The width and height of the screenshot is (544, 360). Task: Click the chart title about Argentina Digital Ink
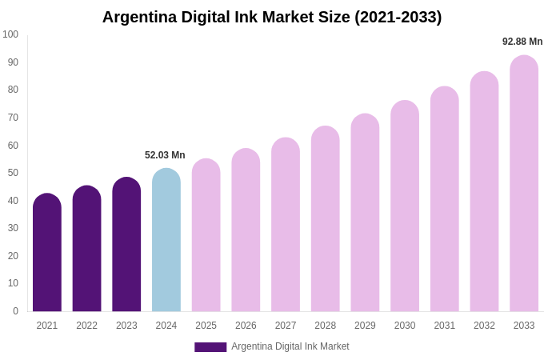[272, 17]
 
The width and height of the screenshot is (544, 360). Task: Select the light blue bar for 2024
[166, 240]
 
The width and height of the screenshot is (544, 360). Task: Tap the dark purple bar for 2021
[47, 252]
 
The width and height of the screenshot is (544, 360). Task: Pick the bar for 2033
[524, 184]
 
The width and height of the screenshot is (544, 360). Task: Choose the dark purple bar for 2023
[126, 244]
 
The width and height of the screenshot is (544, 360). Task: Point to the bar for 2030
[405, 206]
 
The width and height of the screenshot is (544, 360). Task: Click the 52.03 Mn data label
[165, 155]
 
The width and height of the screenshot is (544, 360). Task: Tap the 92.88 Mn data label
[522, 42]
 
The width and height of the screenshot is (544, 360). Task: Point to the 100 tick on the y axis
[10, 34]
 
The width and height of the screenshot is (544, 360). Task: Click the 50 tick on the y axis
[13, 173]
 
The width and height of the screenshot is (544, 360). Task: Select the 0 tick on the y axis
[15, 311]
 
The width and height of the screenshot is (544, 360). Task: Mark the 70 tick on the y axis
[13, 118]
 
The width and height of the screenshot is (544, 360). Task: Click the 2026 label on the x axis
[246, 326]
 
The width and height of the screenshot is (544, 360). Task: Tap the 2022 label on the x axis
[86, 326]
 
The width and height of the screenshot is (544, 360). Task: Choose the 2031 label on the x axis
[445, 326]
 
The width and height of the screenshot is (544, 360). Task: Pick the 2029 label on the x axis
[365, 326]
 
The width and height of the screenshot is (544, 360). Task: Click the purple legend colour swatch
[210, 347]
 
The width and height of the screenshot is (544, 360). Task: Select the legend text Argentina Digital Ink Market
[290, 346]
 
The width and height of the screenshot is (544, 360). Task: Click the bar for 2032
[484, 192]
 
